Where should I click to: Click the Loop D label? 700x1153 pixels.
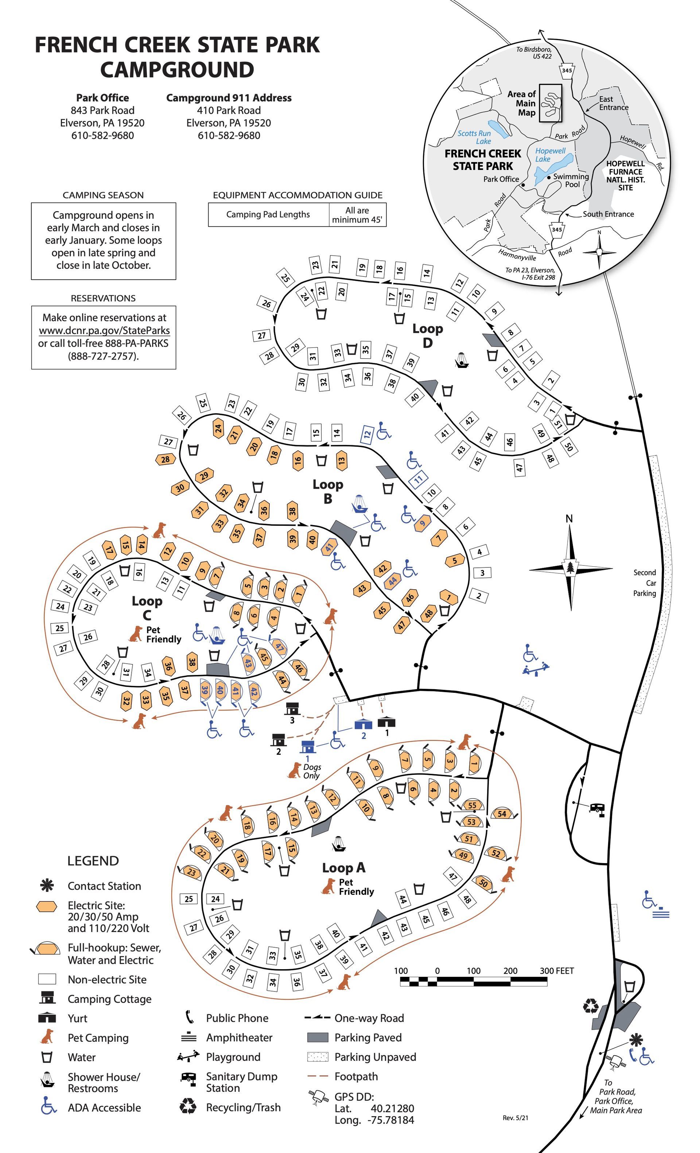point(427,335)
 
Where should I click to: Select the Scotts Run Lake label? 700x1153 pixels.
point(474,137)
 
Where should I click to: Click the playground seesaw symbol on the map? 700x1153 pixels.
point(536,669)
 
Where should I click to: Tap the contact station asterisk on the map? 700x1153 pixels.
point(635,1040)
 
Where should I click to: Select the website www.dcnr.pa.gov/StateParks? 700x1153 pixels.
point(104,330)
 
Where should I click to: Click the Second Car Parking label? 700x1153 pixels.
point(644,583)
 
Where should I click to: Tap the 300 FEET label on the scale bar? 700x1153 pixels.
point(556,971)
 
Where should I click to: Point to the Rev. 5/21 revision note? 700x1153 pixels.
point(515,1118)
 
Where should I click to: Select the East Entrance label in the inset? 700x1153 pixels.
point(614,104)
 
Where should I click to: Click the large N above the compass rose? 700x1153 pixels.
point(569,519)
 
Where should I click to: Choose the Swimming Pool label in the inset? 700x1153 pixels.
point(571,180)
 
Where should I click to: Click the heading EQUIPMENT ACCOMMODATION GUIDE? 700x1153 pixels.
point(297,195)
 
